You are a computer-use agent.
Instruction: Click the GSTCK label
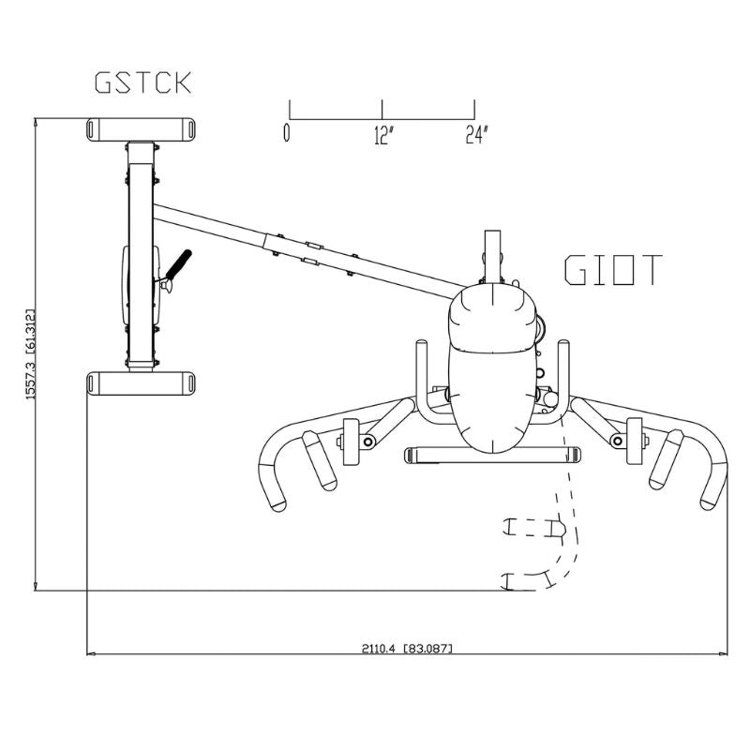(x=143, y=82)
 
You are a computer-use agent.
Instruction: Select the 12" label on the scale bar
(x=382, y=135)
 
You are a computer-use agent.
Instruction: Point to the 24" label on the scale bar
(x=477, y=135)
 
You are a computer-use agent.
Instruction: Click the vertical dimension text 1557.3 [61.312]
(x=30, y=354)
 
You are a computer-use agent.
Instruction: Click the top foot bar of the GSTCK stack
(x=141, y=128)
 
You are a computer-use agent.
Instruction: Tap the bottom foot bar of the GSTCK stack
(x=141, y=382)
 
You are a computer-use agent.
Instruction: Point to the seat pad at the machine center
(x=492, y=375)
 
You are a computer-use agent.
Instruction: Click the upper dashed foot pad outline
(x=535, y=529)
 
